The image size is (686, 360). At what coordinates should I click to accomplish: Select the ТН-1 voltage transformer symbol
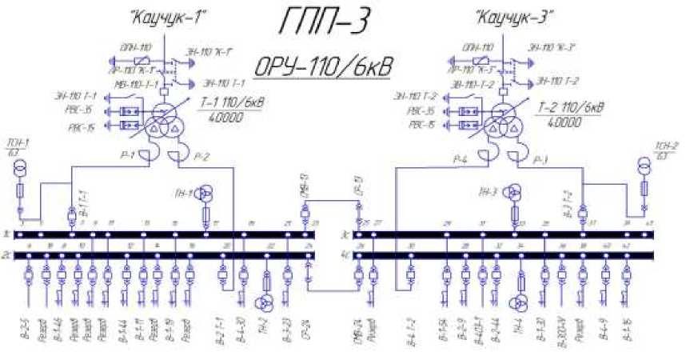coord(205,193)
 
